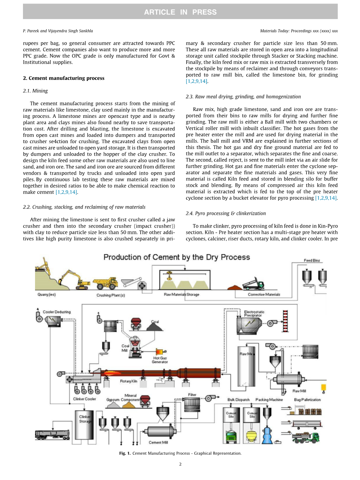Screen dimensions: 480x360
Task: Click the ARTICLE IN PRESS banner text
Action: click(180, 12)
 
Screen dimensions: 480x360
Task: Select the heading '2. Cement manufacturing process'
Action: click(64, 78)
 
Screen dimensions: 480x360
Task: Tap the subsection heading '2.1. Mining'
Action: click(35, 91)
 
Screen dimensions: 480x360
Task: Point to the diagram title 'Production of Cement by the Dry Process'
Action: click(177, 258)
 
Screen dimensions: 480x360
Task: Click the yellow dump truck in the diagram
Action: click(105, 283)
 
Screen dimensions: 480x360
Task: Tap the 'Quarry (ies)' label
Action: click(46, 295)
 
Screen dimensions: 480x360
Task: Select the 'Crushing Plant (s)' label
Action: click(111, 295)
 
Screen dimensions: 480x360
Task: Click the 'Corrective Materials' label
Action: click(264, 295)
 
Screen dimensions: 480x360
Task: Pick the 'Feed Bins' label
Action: click(312, 261)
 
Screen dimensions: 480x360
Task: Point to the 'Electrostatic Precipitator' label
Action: click(254, 314)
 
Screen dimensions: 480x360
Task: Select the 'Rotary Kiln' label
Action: click(128, 382)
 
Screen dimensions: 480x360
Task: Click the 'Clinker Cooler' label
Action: click(84, 399)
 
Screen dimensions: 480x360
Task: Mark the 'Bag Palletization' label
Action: click(307, 400)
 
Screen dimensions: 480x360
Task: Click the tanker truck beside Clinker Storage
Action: click(52, 434)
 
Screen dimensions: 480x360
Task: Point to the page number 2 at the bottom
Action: click(180, 464)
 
